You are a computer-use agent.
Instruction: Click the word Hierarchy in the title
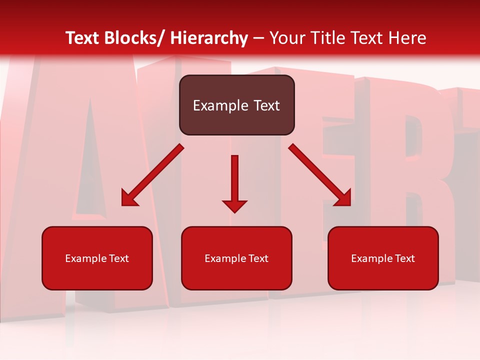209,38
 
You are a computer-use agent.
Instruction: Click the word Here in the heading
407,38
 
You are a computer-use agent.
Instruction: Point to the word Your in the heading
286,38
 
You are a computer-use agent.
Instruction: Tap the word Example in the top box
220,105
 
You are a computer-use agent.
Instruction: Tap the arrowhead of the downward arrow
234,205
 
